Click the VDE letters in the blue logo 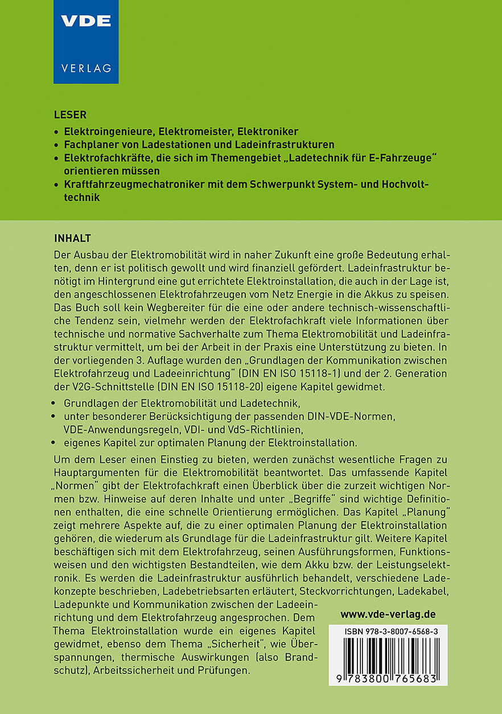pyautogui.click(x=86, y=22)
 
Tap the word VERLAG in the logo pyautogui.click(x=86, y=68)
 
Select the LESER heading pyautogui.click(x=70, y=115)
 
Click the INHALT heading pyautogui.click(x=72, y=237)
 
